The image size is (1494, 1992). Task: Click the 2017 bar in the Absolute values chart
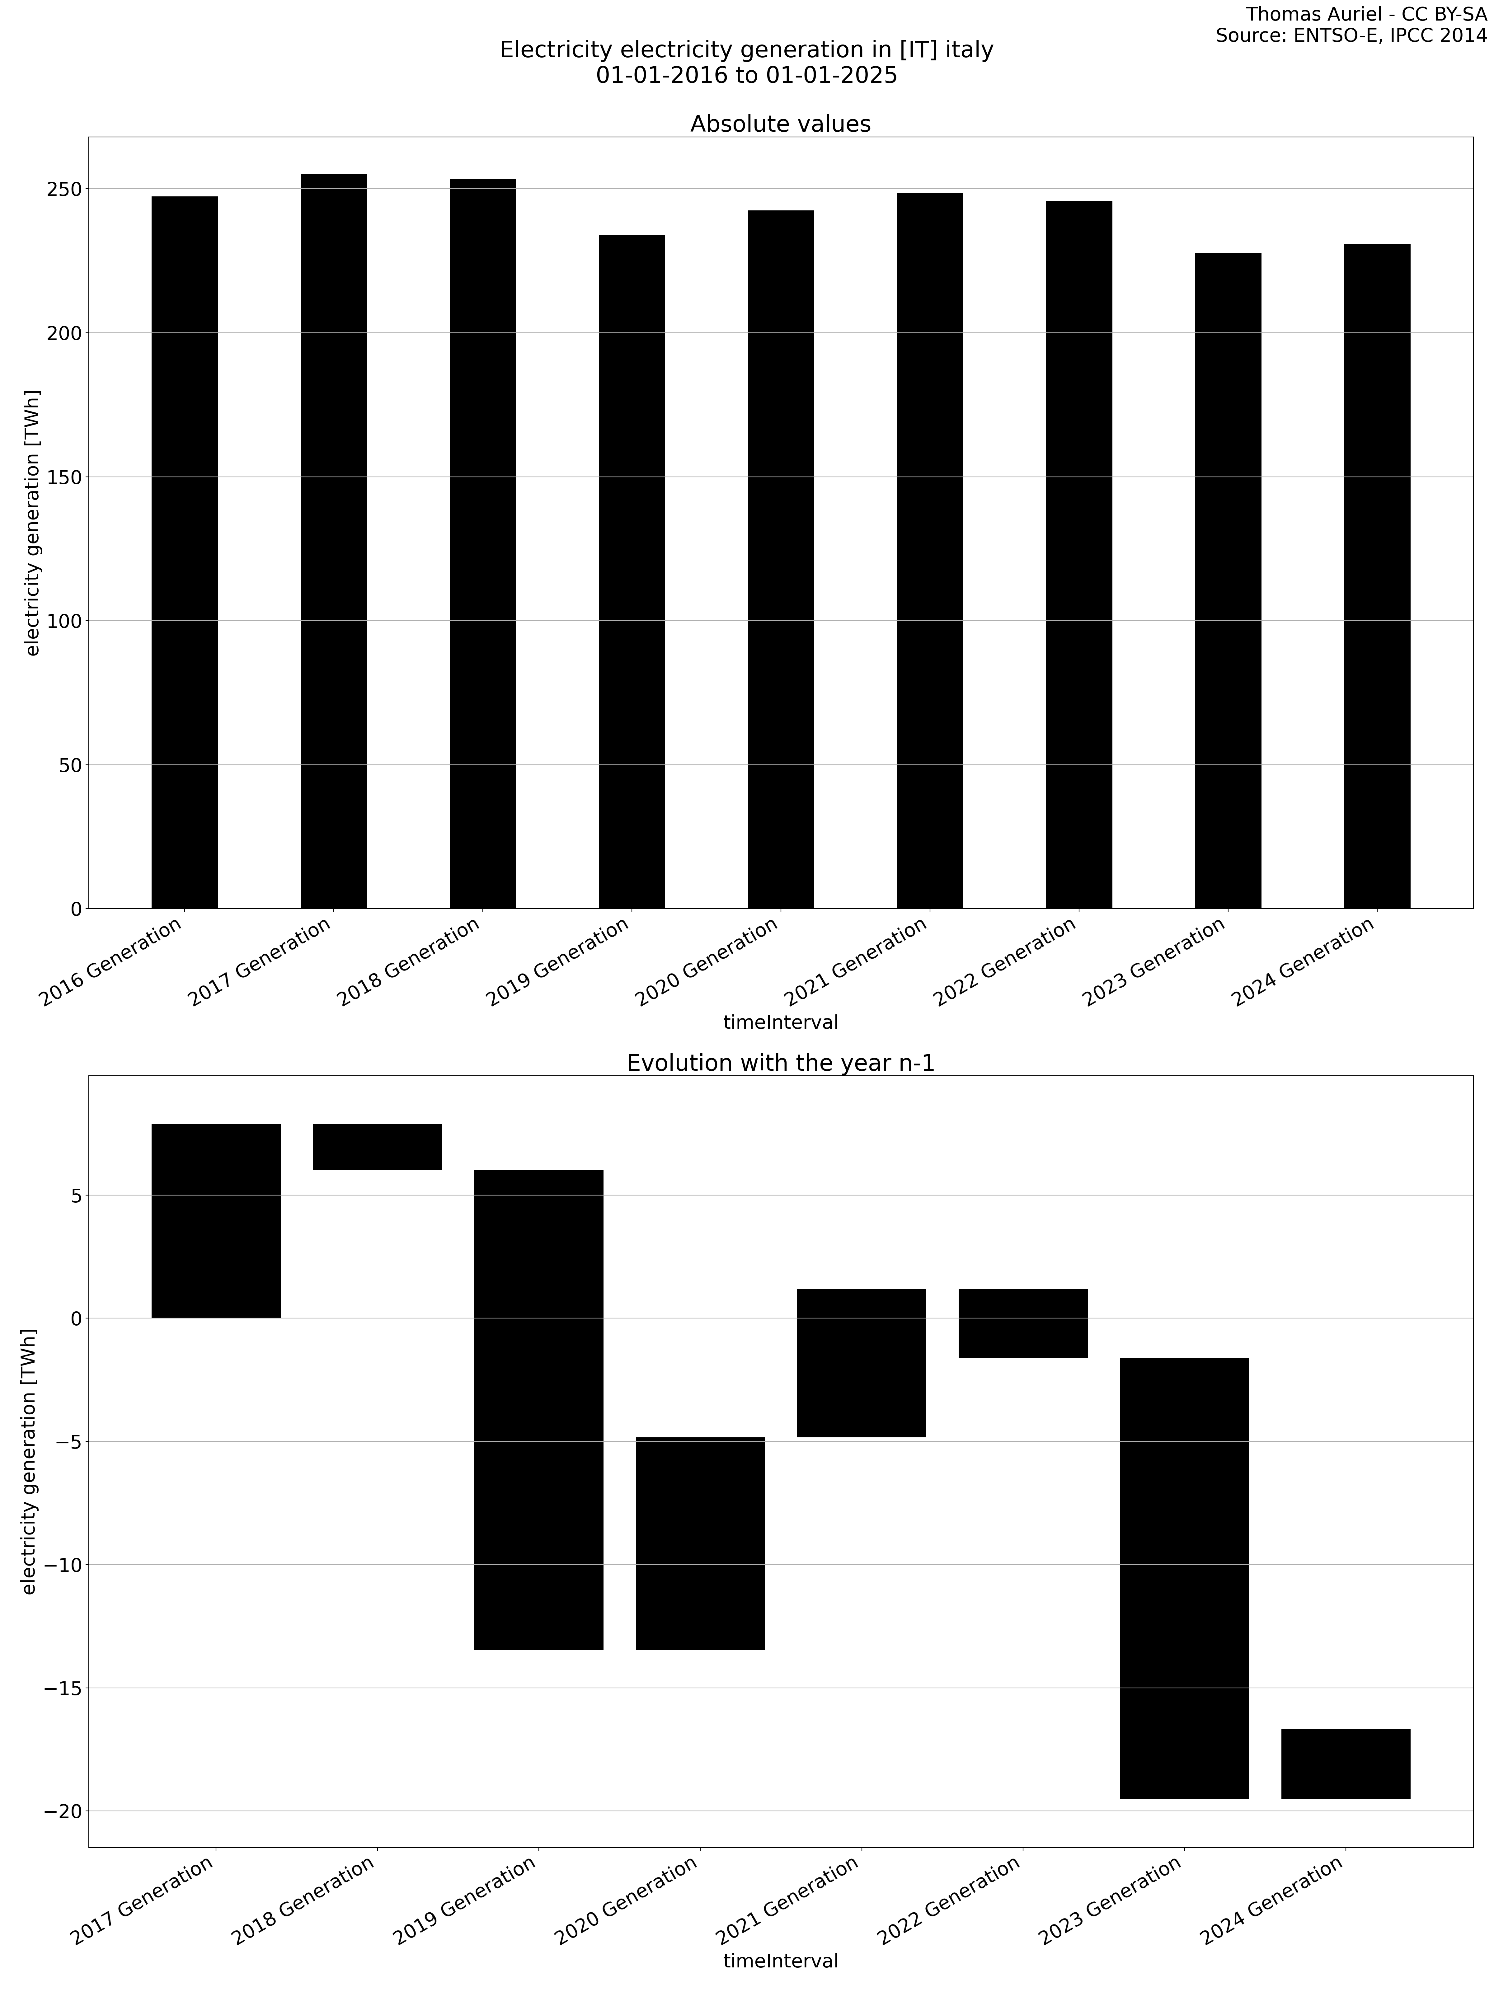click(x=333, y=540)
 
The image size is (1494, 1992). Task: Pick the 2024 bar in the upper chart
click(x=1377, y=576)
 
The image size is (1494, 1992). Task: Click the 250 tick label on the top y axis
click(x=63, y=189)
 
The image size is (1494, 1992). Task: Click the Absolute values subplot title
click(x=780, y=124)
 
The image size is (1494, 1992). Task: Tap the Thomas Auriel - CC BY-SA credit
click(x=1366, y=14)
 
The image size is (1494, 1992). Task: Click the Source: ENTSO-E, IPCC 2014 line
click(x=1351, y=36)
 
